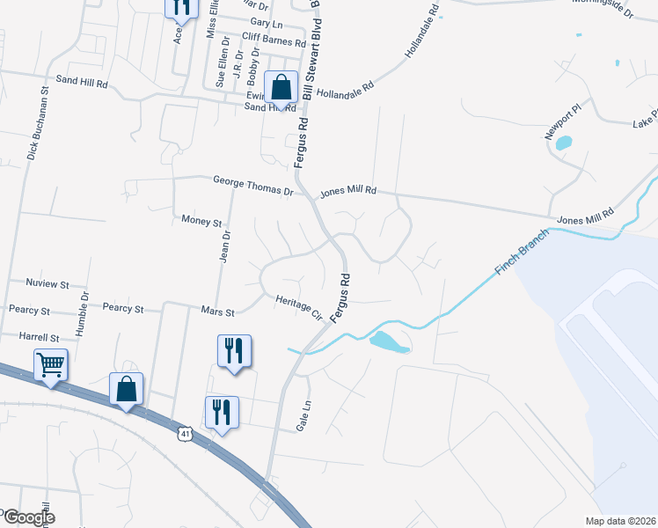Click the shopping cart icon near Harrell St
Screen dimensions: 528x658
(50, 363)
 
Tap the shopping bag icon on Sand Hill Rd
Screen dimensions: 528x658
(281, 88)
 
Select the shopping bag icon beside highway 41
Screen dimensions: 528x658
(126, 388)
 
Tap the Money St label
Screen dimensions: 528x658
(201, 222)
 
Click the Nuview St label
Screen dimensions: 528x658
(48, 284)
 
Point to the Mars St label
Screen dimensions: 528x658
(217, 312)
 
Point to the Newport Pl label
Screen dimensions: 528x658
(562, 121)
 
